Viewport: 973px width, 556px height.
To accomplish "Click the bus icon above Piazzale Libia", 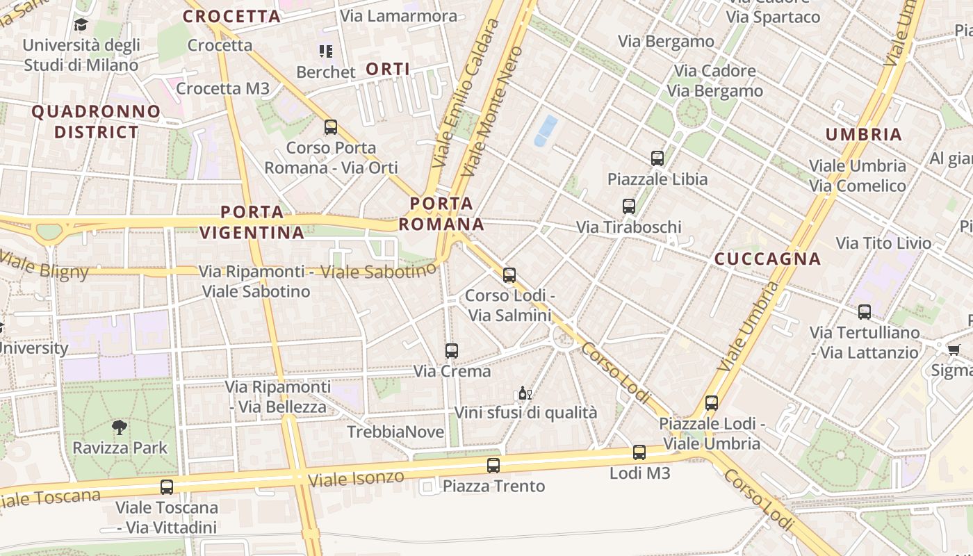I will pyautogui.click(x=657, y=158).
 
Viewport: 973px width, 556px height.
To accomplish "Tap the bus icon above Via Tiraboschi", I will pyautogui.click(x=629, y=206).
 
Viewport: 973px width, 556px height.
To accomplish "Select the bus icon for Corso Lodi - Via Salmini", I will pyautogui.click(x=509, y=275).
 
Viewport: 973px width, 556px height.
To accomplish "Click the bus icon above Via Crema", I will pyautogui.click(x=452, y=350).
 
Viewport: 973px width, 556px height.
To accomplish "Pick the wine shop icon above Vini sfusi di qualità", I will pyautogui.click(x=525, y=394).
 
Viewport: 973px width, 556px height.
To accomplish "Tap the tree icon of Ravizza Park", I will pyautogui.click(x=120, y=427).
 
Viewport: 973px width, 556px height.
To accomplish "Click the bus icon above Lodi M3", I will pyautogui.click(x=639, y=452).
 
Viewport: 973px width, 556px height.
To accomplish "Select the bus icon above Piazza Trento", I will pyautogui.click(x=493, y=465).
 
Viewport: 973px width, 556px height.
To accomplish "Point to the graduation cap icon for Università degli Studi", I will pyautogui.click(x=81, y=25).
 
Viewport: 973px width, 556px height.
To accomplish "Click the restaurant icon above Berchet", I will pyautogui.click(x=326, y=51).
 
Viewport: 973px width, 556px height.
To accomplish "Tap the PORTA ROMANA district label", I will pyautogui.click(x=441, y=214).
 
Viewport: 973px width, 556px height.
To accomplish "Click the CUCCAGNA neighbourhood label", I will pyautogui.click(x=768, y=259).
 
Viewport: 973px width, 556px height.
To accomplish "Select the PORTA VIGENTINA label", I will pyautogui.click(x=252, y=222).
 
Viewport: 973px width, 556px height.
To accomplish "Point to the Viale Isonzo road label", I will pyautogui.click(x=355, y=479).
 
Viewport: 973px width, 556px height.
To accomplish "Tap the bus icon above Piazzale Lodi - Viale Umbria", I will pyautogui.click(x=711, y=402).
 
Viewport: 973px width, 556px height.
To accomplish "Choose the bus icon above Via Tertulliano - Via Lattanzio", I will pyautogui.click(x=865, y=311).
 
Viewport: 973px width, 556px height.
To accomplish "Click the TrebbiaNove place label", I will pyautogui.click(x=395, y=432).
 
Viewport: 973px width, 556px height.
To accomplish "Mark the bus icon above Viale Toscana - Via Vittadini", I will pyautogui.click(x=167, y=486).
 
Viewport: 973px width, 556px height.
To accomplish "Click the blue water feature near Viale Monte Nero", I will pyautogui.click(x=546, y=131).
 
